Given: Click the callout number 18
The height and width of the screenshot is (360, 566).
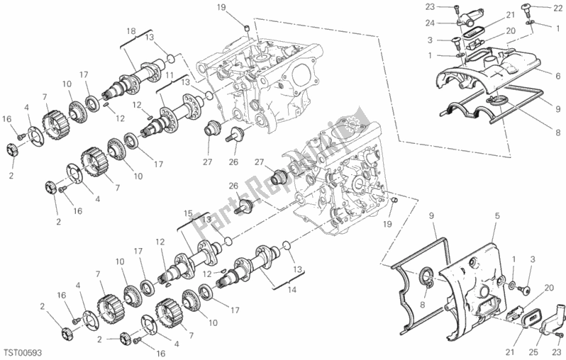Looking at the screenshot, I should coord(131,31).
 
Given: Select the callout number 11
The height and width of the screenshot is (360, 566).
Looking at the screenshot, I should coord(170,74).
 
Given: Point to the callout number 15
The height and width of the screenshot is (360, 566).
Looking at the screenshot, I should coord(188,213).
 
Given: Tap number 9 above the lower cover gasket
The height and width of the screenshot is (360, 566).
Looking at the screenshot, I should coord(431,215).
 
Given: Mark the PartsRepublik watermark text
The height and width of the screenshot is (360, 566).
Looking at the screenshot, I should coord(284,170).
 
